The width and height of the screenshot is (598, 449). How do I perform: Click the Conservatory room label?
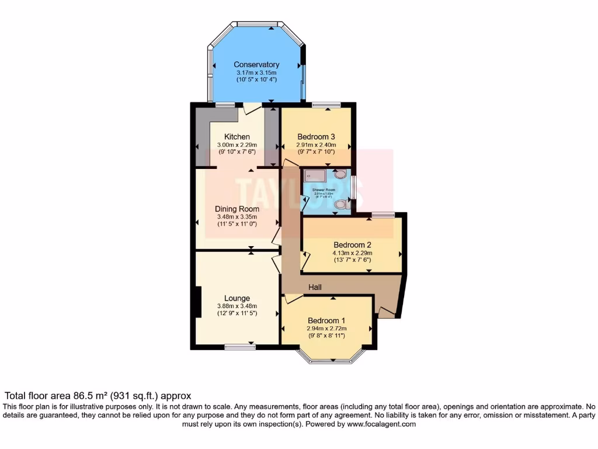(x=256, y=64)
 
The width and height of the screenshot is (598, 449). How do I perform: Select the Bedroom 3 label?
(x=317, y=137)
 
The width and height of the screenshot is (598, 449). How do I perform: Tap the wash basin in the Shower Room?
(x=340, y=174)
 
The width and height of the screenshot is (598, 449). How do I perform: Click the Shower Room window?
(x=353, y=188)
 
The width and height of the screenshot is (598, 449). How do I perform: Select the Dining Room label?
(x=237, y=209)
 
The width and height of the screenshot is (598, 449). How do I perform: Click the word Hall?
(x=316, y=287)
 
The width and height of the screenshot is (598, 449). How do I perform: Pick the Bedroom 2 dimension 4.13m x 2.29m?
(x=352, y=253)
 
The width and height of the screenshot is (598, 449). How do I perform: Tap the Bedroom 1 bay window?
(x=331, y=359)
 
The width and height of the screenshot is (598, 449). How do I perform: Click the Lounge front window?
(x=240, y=347)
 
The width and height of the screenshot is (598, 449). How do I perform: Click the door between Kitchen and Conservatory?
(x=253, y=108)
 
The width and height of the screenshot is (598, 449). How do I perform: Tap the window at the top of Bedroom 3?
(x=326, y=105)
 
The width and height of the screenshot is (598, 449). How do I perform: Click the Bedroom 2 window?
(x=383, y=215)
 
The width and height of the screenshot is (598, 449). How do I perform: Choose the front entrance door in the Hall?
(x=386, y=312)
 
